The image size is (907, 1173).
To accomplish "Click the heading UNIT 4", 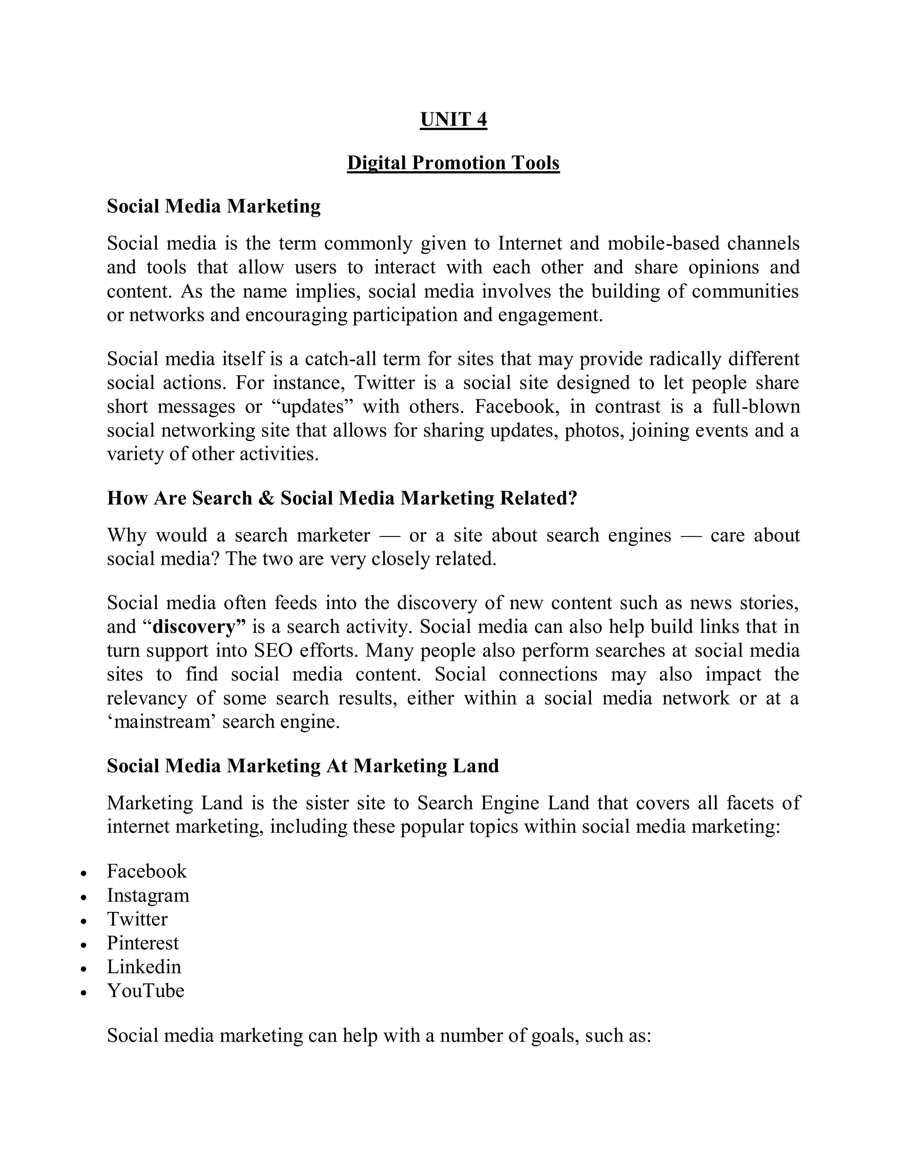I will [x=453, y=119].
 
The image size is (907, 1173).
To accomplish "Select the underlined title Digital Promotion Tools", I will [x=453, y=163].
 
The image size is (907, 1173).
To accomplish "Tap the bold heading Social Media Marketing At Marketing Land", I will [x=302, y=765].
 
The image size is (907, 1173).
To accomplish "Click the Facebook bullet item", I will [x=147, y=871].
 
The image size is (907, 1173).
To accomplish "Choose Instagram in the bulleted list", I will [x=148, y=895].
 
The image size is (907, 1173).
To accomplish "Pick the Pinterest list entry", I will [x=143, y=943].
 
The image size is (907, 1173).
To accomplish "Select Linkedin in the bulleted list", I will [x=144, y=967].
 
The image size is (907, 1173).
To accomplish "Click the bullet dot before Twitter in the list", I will [x=83, y=921].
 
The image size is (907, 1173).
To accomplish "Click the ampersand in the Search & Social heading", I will [x=267, y=498].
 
